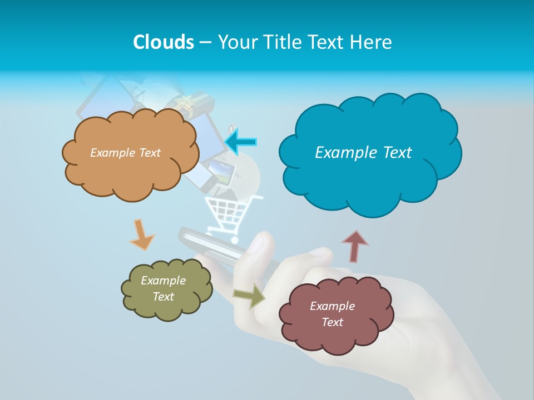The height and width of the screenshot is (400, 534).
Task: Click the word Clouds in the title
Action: point(163,42)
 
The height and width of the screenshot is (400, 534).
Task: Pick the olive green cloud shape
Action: point(166,308)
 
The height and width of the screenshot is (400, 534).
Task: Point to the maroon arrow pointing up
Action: point(355,246)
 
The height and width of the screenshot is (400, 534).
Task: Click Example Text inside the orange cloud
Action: point(125,152)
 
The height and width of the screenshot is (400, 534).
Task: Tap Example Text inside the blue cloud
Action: point(363,152)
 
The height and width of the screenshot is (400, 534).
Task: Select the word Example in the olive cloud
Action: point(163,281)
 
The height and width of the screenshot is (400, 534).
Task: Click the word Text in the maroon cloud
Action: point(332,322)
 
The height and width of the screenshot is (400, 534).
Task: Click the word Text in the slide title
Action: point(328,42)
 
